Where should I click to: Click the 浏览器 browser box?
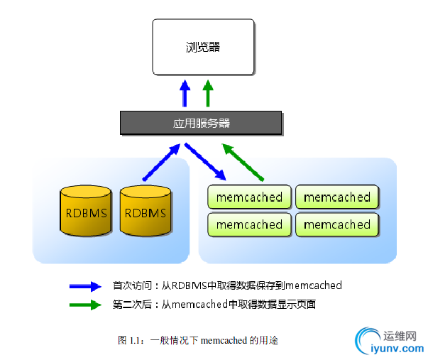(x=203, y=47)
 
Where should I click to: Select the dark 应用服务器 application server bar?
(x=202, y=123)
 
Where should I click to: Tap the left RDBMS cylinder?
(x=86, y=211)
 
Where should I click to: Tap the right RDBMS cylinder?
(x=146, y=211)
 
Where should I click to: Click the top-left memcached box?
(x=249, y=197)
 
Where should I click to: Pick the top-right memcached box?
(x=337, y=197)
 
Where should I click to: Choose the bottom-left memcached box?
(x=249, y=224)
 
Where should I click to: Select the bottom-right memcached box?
(x=337, y=224)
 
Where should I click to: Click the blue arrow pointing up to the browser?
(x=185, y=93)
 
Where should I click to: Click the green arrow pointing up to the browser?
(x=207, y=93)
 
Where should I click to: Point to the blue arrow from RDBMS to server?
(x=161, y=163)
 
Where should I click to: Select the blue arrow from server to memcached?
(x=206, y=161)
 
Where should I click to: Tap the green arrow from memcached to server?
(x=243, y=161)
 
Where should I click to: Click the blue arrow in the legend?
(x=84, y=286)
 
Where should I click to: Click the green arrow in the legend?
(x=84, y=305)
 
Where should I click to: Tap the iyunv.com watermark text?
(x=397, y=349)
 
